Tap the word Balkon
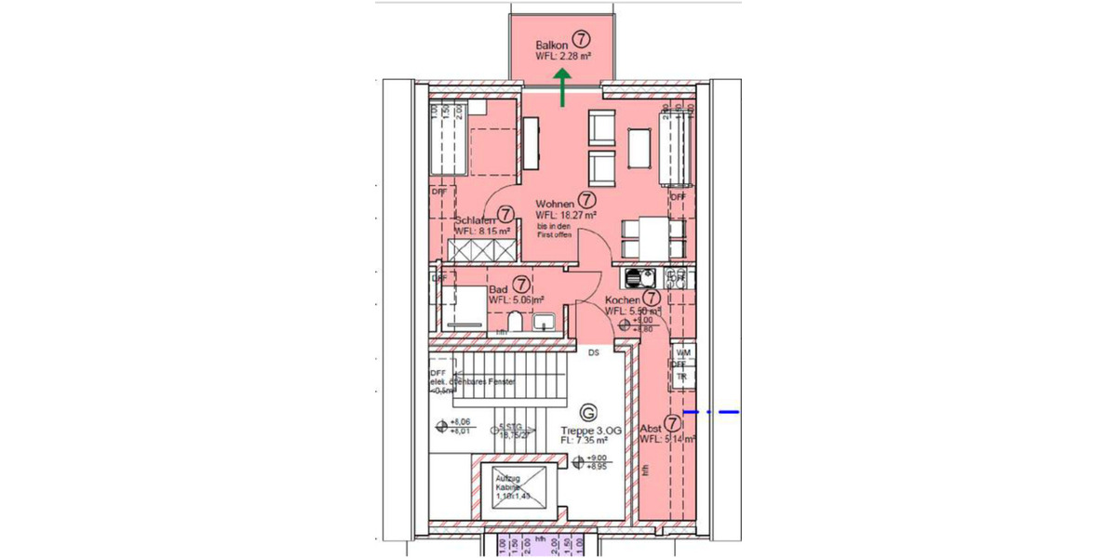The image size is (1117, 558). [552, 45]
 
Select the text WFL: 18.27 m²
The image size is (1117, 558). [566, 214]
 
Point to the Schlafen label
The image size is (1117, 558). [474, 219]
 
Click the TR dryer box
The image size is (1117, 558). [681, 377]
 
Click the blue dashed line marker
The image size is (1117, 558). [711, 411]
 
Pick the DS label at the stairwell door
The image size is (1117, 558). [592, 352]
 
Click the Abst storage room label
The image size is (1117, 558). [652, 429]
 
